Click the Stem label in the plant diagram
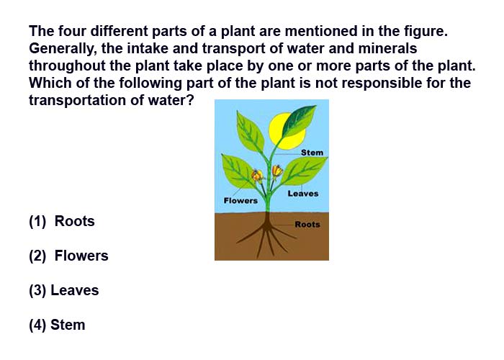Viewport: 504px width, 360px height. (x=312, y=153)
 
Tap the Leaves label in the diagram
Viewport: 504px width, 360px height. (x=303, y=194)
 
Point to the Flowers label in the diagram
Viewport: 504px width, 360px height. (x=240, y=201)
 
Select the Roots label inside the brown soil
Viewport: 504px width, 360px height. (x=307, y=225)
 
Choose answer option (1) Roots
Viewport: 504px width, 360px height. (x=62, y=222)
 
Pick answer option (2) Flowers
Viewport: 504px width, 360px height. (x=68, y=256)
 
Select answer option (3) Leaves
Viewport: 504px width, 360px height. (x=63, y=290)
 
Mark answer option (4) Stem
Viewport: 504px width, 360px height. (x=57, y=325)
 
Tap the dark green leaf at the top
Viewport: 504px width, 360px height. (x=299, y=120)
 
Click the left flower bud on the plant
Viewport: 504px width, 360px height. (x=257, y=176)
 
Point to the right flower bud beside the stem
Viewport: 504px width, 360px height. (x=277, y=171)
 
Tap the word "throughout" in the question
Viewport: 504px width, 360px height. (x=67, y=66)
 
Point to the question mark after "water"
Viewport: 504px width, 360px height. (x=190, y=100)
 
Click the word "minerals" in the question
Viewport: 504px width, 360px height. (x=387, y=48)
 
